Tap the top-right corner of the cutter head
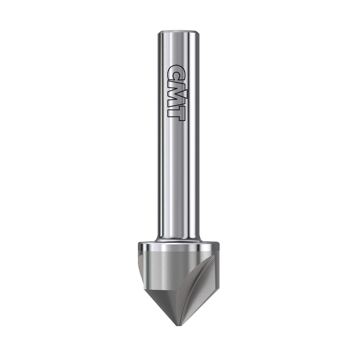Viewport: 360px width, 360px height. pos(218,244)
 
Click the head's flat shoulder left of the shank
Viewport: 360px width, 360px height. pos(148,243)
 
